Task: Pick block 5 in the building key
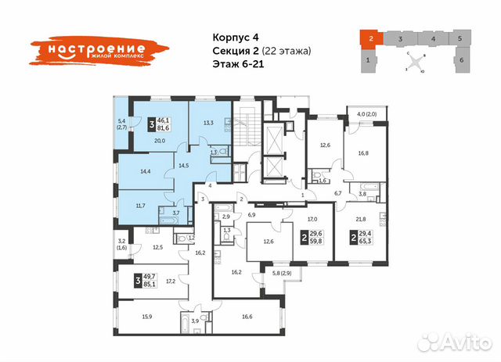pos(460,38)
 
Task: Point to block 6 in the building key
pos(462,59)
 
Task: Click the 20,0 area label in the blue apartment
pos(158,140)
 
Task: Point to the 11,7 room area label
pos(140,206)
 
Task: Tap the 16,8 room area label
pos(362,154)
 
